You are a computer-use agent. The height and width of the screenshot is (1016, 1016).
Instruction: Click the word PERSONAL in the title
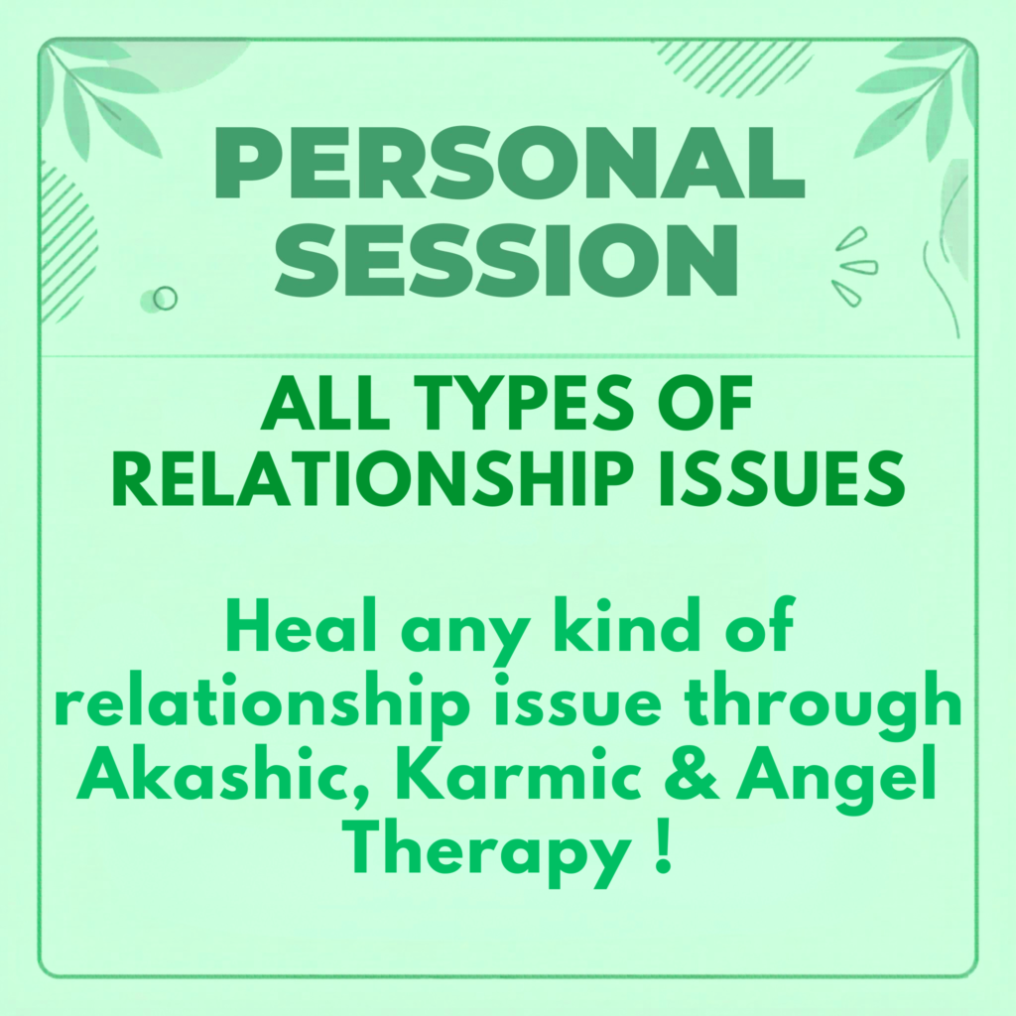tap(509, 163)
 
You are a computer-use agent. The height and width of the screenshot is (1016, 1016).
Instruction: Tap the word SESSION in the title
tap(506, 260)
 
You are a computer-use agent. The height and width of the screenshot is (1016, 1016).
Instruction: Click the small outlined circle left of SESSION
tap(166, 298)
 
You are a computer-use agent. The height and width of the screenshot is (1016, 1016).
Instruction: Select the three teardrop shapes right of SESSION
tap(854, 266)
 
